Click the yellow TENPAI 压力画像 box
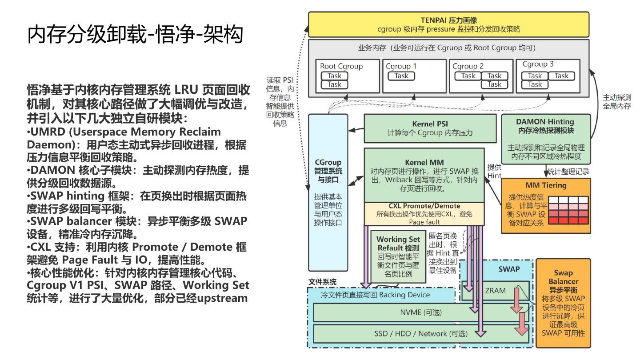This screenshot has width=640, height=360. coord(448,24)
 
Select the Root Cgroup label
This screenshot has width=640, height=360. coord(341,66)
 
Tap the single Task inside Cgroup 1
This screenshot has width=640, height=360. coord(401,76)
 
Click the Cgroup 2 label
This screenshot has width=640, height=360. coord(468,66)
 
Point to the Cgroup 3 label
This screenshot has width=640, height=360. coord(538,64)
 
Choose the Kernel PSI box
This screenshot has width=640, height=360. coord(430,128)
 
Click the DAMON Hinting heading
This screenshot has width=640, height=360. coord(545,122)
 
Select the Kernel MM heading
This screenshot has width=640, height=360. coord(424,162)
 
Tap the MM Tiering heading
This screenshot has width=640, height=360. coord(546,185)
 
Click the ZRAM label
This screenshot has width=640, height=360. coord(495,291)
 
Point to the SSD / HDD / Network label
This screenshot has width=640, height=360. coord(420,334)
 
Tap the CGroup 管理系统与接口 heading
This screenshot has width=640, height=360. coord(328,171)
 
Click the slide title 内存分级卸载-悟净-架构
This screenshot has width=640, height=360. coord(135,34)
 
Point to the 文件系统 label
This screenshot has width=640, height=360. coord(323,282)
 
